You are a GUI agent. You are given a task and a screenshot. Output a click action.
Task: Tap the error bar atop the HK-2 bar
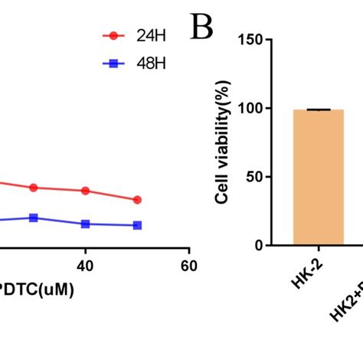click(x=318, y=110)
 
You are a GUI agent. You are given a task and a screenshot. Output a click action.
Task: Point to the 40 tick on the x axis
click(x=86, y=266)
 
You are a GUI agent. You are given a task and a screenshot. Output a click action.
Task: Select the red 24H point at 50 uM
click(x=137, y=200)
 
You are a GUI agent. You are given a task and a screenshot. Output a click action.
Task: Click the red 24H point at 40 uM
click(x=86, y=191)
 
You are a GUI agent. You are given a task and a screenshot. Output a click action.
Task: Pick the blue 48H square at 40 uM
click(x=86, y=224)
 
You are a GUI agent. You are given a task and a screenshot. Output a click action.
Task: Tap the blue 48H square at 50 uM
click(x=137, y=225)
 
